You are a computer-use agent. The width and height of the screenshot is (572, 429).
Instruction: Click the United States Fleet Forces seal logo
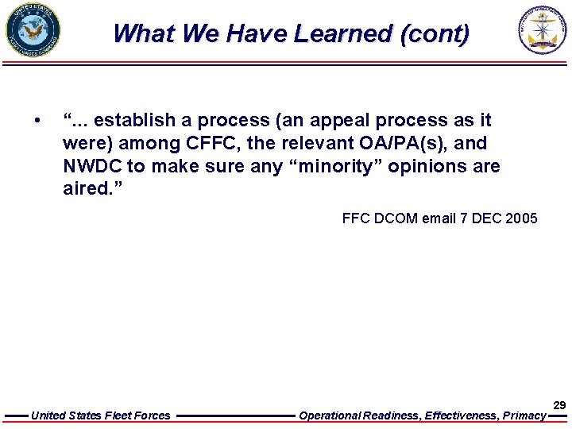(33, 31)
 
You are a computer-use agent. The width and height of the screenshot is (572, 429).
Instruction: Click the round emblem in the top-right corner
(543, 31)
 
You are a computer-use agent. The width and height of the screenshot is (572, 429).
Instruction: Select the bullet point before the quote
(37, 121)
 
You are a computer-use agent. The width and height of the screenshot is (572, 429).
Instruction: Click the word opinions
(424, 167)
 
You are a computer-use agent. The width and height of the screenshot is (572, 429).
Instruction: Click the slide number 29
(559, 405)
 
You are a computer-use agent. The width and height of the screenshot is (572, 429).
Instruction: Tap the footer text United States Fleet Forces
(100, 415)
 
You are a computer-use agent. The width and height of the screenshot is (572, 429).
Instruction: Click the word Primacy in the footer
(524, 415)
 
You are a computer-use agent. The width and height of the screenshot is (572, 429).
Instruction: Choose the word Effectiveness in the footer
(462, 415)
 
